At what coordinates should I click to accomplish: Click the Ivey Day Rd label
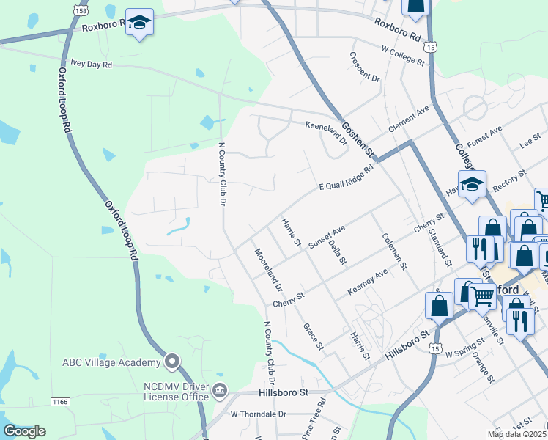click(91, 65)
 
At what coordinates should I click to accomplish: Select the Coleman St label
click(394, 252)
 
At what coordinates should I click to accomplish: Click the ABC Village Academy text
click(111, 363)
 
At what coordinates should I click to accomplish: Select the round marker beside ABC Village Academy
click(172, 361)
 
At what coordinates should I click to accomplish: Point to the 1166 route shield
click(61, 401)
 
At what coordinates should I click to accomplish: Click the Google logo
click(23, 431)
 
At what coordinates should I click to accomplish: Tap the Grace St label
click(310, 333)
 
